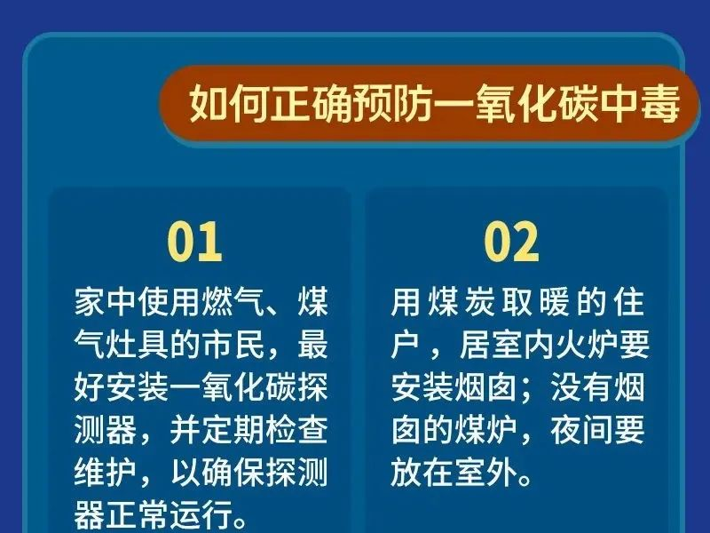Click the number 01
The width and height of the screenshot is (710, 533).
click(194, 242)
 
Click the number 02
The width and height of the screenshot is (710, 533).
click(511, 242)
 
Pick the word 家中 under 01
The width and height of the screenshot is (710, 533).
click(105, 301)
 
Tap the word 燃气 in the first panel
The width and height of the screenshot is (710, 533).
click(232, 301)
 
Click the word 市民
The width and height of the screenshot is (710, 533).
click(232, 345)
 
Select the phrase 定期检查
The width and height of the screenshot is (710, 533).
click(264, 430)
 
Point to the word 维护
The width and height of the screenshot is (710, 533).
click(105, 473)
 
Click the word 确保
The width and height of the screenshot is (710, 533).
click(232, 473)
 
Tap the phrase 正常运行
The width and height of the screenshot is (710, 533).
click(169, 515)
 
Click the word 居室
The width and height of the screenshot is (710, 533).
click(491, 345)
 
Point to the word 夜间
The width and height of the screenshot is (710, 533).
click(581, 430)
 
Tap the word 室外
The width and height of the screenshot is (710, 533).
click(485, 473)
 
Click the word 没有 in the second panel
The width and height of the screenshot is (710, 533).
click(581, 387)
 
